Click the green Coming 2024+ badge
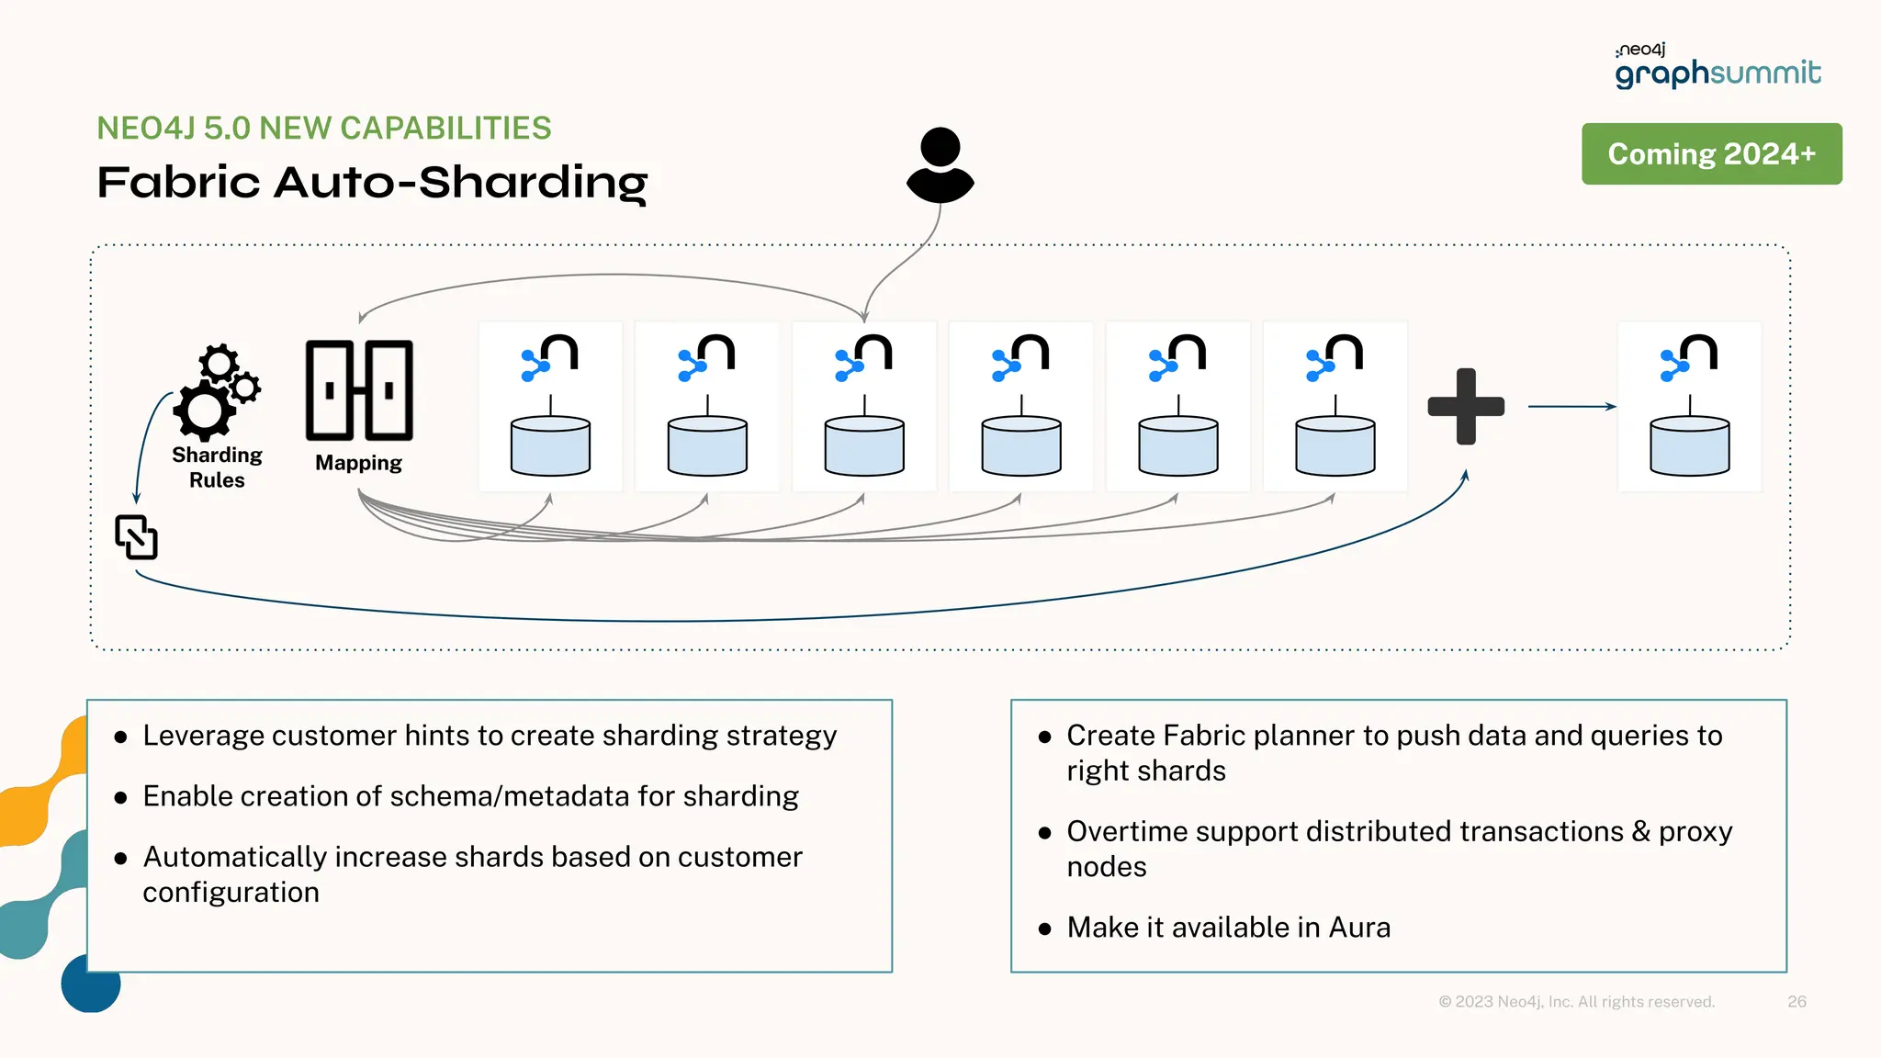point(1711,153)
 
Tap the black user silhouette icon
point(940,165)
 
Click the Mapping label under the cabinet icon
point(358,463)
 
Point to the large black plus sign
point(1466,406)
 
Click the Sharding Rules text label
point(217,467)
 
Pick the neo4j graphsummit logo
point(1718,66)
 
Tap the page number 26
point(1797,1001)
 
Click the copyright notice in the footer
point(1576,1001)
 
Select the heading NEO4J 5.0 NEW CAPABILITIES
point(324,129)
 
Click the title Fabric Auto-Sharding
point(372,182)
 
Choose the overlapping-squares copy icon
point(136,537)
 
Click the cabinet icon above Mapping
point(359,390)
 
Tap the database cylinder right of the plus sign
point(1689,446)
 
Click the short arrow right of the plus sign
point(1571,406)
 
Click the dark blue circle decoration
point(90,985)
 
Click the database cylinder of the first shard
point(550,446)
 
